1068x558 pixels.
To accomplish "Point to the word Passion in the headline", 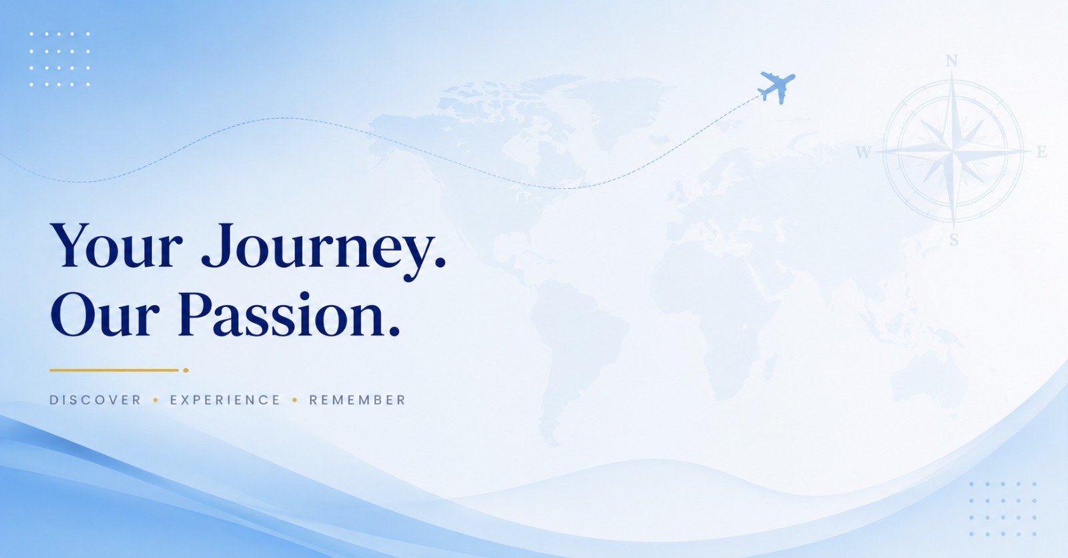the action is pyautogui.click(x=281, y=315).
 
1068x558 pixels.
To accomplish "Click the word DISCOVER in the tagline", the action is pyautogui.click(x=95, y=400).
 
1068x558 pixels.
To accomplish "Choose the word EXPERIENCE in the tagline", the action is pyautogui.click(x=225, y=400).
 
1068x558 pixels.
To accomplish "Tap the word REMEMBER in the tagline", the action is pyautogui.click(x=357, y=400).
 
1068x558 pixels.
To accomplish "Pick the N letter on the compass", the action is pyautogui.click(x=952, y=61).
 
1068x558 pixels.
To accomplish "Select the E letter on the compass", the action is pyautogui.click(x=1042, y=152).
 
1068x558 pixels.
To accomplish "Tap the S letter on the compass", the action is pyautogui.click(x=954, y=240).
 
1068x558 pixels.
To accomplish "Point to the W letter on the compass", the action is pyautogui.click(x=863, y=152).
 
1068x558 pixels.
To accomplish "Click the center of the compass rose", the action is pyautogui.click(x=953, y=152).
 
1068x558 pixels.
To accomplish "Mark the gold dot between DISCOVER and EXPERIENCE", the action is pyautogui.click(x=156, y=400).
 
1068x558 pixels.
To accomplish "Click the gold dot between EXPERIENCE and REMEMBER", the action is pyautogui.click(x=294, y=400).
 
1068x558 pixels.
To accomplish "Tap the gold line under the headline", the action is pyautogui.click(x=114, y=370).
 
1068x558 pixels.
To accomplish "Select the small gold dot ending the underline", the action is pyautogui.click(x=186, y=370).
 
